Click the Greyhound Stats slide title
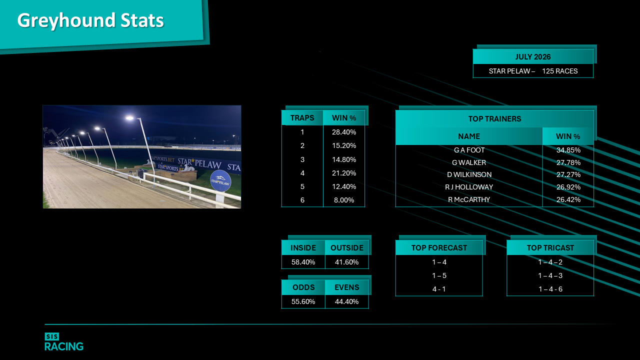(90, 20)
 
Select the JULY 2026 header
(533, 57)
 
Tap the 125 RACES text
(559, 71)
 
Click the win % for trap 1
(344, 132)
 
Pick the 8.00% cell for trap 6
(344, 200)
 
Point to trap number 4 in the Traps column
(302, 173)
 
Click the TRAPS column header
(302, 118)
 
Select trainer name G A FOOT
(469, 150)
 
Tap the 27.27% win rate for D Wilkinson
(568, 174)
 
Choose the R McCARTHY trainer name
(469, 199)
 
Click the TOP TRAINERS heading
(495, 119)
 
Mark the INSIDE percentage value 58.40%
(303, 262)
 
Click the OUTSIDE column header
(347, 247)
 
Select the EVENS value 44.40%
(346, 301)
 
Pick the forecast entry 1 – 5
(439, 275)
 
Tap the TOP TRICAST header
(550, 247)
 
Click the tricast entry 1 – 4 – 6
(550, 289)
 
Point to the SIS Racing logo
(64, 341)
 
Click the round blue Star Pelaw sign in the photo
(220, 181)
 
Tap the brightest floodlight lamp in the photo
(129, 117)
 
